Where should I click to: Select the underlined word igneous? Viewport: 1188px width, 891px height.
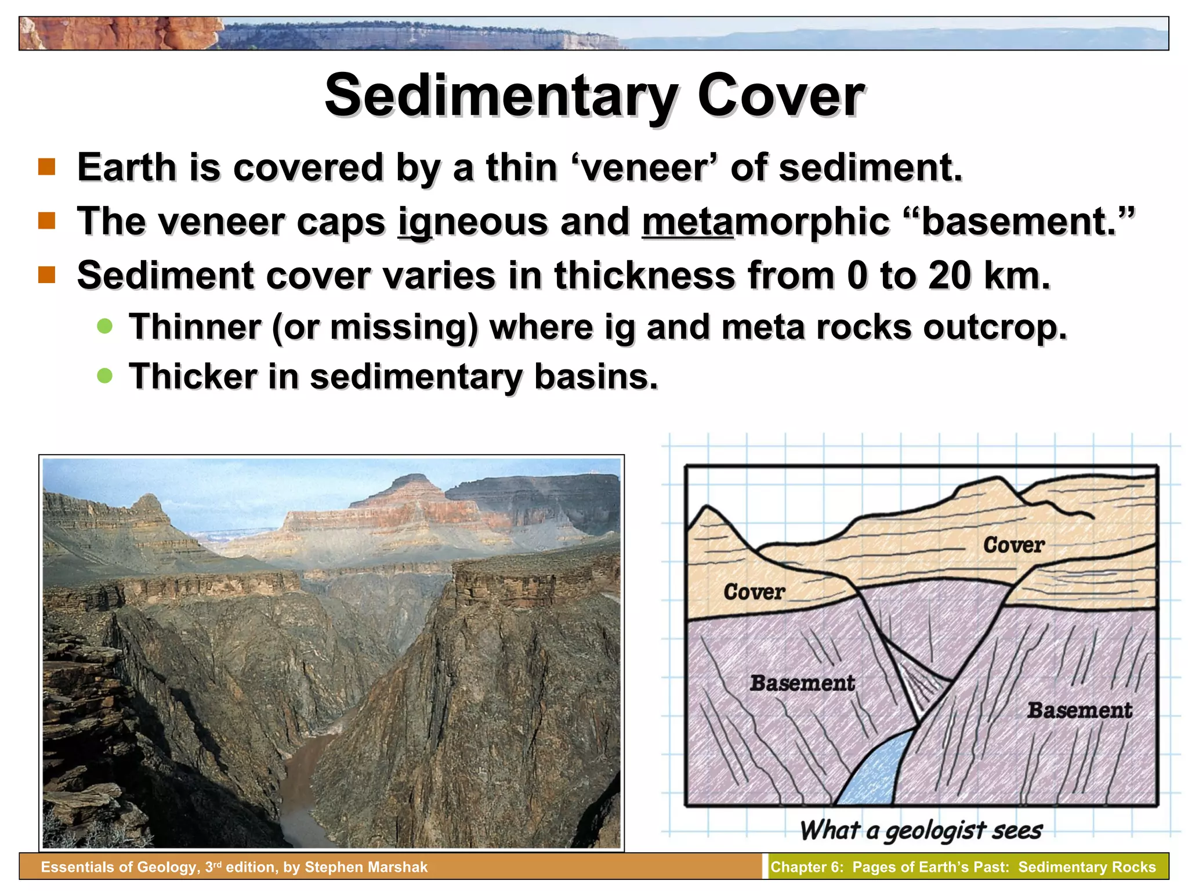point(472,222)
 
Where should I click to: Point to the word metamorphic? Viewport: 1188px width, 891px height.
point(766,222)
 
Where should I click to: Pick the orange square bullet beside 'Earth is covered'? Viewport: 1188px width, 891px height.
point(47,167)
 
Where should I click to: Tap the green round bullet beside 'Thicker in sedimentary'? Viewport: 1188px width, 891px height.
point(104,376)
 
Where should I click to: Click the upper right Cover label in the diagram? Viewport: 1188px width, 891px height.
point(1013,545)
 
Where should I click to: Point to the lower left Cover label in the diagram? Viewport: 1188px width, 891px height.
point(754,592)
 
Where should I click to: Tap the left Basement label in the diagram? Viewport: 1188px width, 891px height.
point(802,683)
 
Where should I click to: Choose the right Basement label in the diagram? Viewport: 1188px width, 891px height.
point(1079,711)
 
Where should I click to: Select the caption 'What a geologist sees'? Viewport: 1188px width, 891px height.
point(921,831)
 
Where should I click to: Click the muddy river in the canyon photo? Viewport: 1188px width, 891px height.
point(302,777)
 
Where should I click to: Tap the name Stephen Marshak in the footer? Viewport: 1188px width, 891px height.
point(366,867)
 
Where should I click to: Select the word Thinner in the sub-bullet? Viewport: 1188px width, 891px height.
point(194,327)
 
